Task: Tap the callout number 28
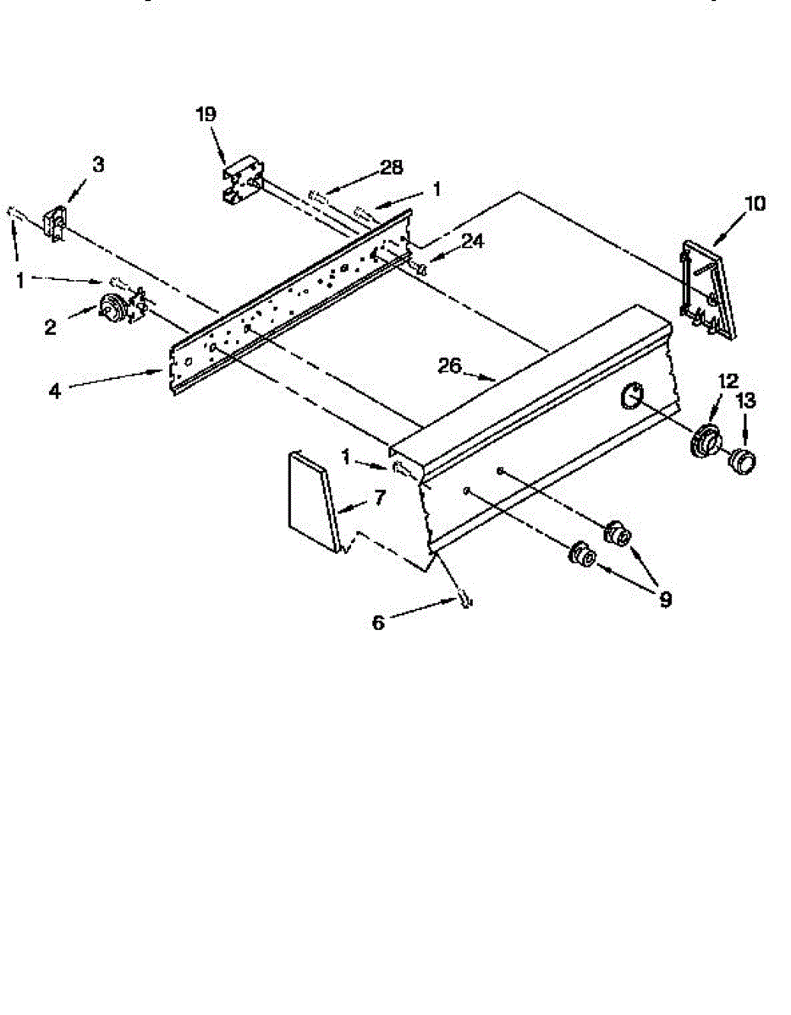coord(391,167)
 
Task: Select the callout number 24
coord(473,241)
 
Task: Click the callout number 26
coord(450,365)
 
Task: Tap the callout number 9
coord(665,600)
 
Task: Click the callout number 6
coord(378,623)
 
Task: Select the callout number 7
coord(378,498)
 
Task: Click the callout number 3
coord(99,164)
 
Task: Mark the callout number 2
coord(50,326)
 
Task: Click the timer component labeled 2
coord(113,308)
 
